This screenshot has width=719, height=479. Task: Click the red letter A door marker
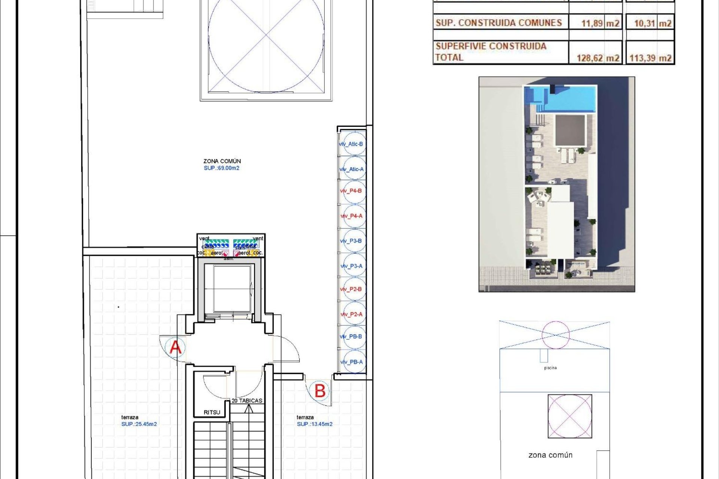(175, 347)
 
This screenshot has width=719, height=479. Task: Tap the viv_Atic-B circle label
(352, 144)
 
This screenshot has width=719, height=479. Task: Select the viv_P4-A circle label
(352, 216)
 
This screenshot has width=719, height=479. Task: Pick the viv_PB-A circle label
(352, 362)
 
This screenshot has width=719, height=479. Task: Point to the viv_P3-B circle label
(352, 241)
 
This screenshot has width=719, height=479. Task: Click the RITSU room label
(212, 412)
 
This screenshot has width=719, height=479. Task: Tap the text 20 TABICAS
(247, 400)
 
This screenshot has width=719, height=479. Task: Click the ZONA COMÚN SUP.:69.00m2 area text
(222, 165)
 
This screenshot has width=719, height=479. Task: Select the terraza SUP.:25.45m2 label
(139, 421)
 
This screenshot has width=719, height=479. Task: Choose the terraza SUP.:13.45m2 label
(314, 421)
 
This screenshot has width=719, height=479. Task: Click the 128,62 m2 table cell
(598, 58)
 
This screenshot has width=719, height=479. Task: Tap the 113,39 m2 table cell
(650, 58)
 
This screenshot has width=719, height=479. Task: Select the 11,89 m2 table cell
(600, 23)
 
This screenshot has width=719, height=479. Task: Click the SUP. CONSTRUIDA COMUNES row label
(499, 23)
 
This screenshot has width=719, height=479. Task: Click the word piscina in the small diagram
(550, 368)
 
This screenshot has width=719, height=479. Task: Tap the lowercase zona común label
(550, 455)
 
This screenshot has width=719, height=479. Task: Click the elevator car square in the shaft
(232, 289)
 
